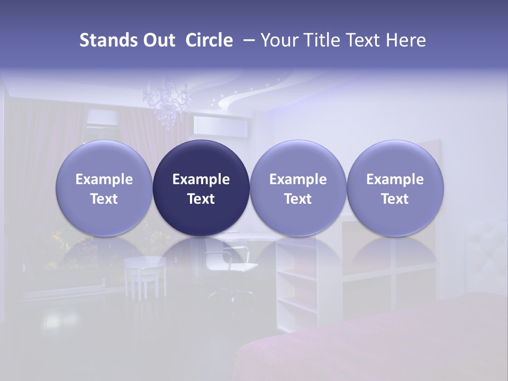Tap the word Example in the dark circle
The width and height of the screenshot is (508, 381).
pyautogui.click(x=201, y=179)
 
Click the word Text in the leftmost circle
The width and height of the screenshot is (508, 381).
pyautogui.click(x=104, y=199)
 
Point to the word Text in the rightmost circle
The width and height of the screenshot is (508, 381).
pyautogui.click(x=395, y=199)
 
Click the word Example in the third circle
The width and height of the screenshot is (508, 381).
pyautogui.click(x=298, y=179)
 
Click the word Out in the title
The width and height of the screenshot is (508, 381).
pyautogui.click(x=158, y=40)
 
